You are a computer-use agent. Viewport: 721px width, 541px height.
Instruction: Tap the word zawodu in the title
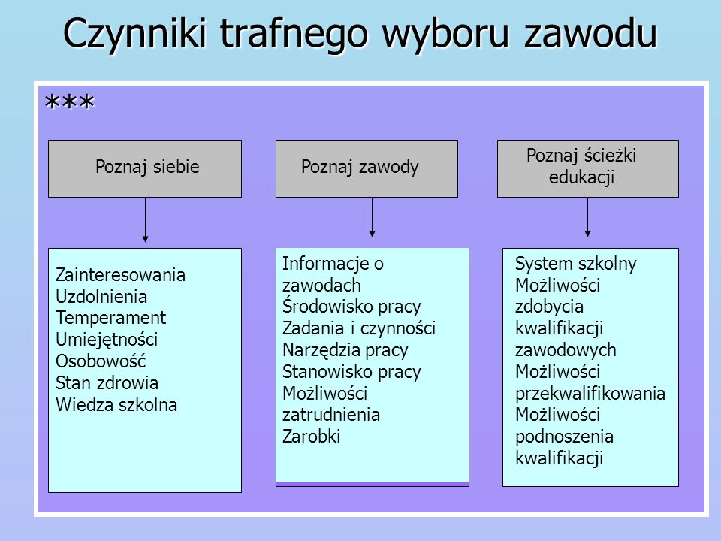pyautogui.click(x=591, y=32)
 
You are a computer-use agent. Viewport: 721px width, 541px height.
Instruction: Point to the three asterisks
pyautogui.click(x=69, y=101)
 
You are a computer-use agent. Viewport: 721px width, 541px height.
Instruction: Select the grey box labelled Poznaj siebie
pyautogui.click(x=145, y=169)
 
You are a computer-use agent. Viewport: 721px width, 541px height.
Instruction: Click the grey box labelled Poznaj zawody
pyautogui.click(x=367, y=169)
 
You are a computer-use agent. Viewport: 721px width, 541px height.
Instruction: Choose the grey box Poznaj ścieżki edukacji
pyautogui.click(x=587, y=169)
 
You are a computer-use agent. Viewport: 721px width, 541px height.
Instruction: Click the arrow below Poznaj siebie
pyautogui.click(x=145, y=220)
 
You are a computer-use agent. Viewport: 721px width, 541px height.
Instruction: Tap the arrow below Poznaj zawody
pyautogui.click(x=372, y=218)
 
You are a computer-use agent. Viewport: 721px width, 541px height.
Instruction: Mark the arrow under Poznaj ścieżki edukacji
pyautogui.click(x=587, y=218)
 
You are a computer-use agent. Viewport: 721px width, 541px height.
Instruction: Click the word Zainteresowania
pyautogui.click(x=120, y=275)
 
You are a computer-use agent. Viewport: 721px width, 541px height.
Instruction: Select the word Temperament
pyautogui.click(x=111, y=318)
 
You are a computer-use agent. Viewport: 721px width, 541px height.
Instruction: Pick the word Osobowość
pyautogui.click(x=101, y=361)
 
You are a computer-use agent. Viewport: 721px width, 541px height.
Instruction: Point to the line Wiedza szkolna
pyautogui.click(x=116, y=405)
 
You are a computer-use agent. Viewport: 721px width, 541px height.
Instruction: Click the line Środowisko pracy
pyautogui.click(x=351, y=307)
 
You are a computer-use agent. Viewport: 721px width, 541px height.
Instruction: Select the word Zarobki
pyautogui.click(x=311, y=436)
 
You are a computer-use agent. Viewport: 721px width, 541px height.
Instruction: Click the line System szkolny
pyautogui.click(x=576, y=264)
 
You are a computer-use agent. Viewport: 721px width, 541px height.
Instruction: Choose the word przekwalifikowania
pyautogui.click(x=590, y=394)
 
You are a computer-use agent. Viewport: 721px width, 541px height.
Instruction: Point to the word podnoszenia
pyautogui.click(x=564, y=437)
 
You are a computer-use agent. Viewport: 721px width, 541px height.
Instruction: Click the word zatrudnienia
pyautogui.click(x=331, y=415)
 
